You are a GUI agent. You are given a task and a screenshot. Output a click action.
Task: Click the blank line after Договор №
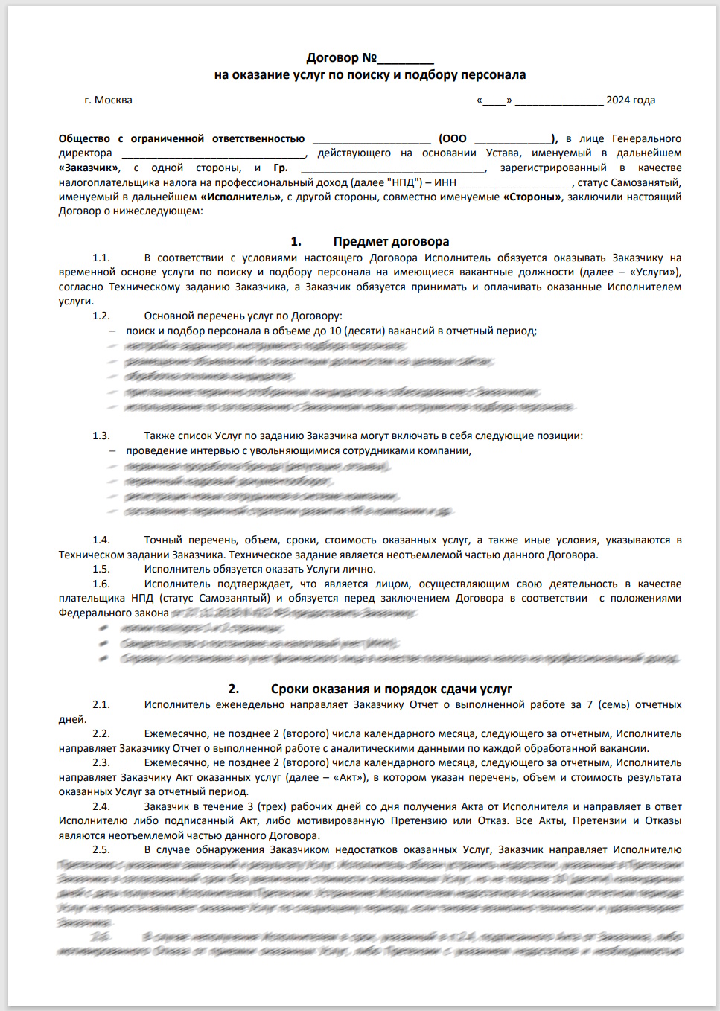click(x=405, y=59)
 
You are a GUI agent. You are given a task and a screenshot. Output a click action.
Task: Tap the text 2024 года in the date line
click(x=631, y=100)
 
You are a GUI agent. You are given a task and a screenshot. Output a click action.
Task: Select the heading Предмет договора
click(x=391, y=241)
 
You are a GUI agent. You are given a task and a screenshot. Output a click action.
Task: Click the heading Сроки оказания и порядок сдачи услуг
click(x=391, y=689)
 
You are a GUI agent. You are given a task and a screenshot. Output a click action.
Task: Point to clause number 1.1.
click(x=101, y=258)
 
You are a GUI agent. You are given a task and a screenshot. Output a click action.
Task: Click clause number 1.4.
click(x=101, y=540)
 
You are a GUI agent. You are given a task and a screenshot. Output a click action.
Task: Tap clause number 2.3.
click(x=101, y=762)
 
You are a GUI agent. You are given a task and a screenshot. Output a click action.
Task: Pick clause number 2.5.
click(x=101, y=849)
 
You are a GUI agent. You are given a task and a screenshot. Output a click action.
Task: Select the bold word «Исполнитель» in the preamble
click(x=240, y=197)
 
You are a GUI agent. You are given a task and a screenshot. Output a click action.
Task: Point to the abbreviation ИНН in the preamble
click(x=445, y=182)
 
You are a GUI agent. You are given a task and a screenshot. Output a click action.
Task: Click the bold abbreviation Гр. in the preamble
click(x=281, y=168)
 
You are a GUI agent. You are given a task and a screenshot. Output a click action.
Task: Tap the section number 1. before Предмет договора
click(x=296, y=241)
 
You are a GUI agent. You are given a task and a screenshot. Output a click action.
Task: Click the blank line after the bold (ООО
click(x=512, y=139)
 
